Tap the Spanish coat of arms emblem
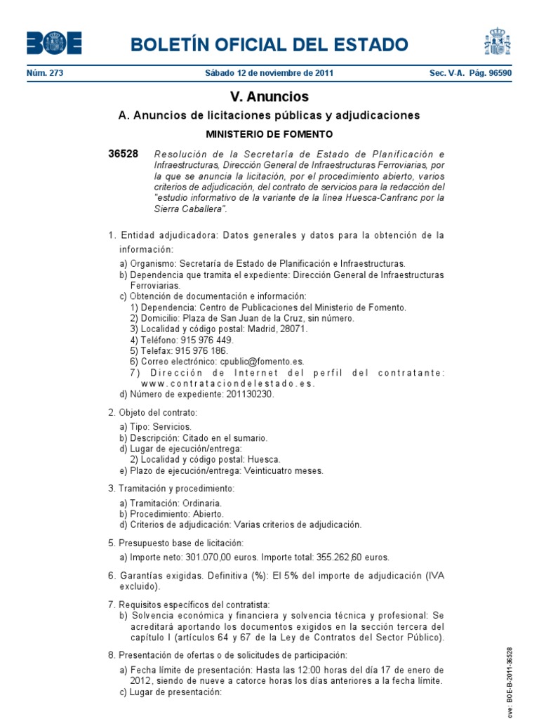(496, 42)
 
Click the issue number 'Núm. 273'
(45, 73)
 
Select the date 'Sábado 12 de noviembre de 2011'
(269, 73)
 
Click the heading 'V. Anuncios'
(269, 97)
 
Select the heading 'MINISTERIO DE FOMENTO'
(269, 133)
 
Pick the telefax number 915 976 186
(201, 350)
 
